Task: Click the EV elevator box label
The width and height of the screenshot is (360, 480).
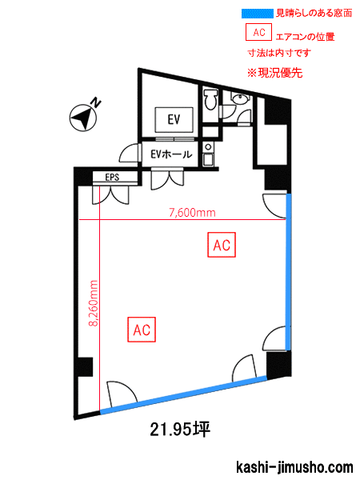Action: (174, 119)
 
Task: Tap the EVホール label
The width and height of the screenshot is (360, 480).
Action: (171, 154)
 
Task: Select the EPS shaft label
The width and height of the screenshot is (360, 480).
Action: (112, 178)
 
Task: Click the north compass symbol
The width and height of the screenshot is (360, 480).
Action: (83, 118)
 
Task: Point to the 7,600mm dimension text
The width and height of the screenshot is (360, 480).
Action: (192, 213)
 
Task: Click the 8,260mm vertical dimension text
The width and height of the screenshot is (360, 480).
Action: (94, 303)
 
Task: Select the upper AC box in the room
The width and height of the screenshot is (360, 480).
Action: (222, 245)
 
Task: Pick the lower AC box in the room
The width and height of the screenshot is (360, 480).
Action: (142, 330)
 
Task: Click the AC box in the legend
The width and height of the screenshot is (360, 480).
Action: (258, 32)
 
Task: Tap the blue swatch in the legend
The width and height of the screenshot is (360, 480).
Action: (257, 14)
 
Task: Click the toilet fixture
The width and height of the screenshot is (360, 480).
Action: (210, 98)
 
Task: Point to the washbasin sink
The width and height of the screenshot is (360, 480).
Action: (240, 98)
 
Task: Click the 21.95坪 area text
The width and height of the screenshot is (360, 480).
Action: (180, 429)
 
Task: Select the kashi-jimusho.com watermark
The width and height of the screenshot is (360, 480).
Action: (294, 467)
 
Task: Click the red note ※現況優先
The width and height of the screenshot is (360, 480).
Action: (274, 73)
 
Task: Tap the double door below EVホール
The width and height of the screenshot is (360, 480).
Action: (167, 179)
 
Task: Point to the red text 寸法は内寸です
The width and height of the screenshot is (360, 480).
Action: (279, 53)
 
